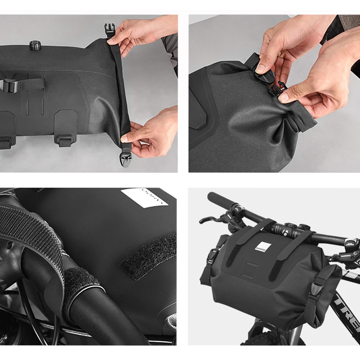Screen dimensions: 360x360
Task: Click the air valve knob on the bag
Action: coord(35,45)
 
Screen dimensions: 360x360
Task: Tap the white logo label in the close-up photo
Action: coord(144,198)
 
